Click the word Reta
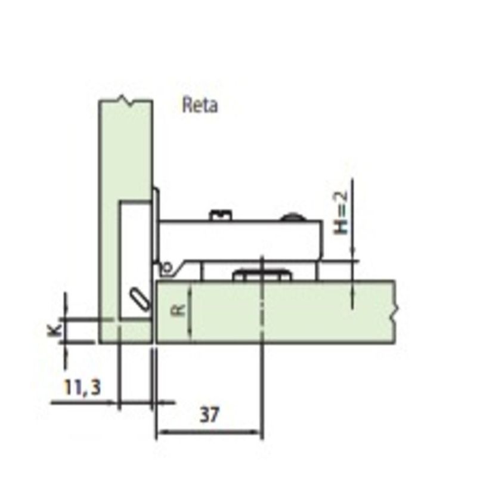point(200,106)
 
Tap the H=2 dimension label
point(340,213)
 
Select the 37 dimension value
point(209,415)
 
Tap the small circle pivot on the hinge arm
point(167,267)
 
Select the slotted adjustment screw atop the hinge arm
point(221,215)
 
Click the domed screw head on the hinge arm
point(292,216)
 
